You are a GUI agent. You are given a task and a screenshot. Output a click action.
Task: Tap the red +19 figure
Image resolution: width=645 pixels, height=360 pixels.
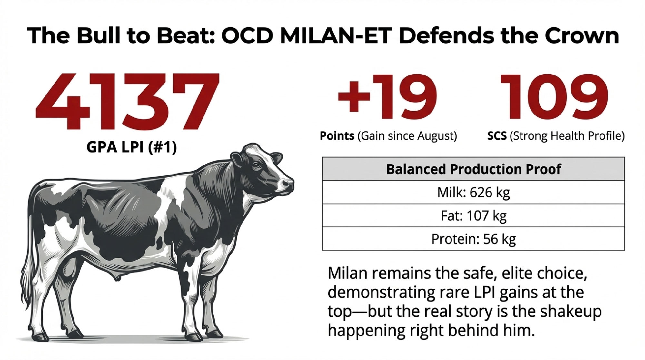(387, 97)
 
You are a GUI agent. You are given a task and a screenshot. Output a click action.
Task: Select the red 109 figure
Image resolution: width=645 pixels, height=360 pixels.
(554, 97)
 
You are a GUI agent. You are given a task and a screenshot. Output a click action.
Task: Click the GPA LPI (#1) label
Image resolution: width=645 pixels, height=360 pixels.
(132, 147)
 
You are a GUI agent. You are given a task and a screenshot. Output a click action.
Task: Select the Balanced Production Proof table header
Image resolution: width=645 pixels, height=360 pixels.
(473, 169)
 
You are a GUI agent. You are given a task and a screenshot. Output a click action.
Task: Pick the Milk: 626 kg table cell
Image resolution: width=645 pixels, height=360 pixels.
(473, 192)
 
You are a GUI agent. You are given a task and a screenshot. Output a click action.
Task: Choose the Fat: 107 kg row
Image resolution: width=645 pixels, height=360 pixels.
(473, 215)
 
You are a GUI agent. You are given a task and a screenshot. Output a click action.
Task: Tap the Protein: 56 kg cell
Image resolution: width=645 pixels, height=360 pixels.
(473, 239)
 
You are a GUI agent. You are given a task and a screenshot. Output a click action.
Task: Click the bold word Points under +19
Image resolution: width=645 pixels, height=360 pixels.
(337, 136)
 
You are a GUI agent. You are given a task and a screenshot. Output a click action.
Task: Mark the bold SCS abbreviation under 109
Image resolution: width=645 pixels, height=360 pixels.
(497, 136)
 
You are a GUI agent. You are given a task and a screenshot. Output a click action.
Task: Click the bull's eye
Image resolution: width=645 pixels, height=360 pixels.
(256, 166)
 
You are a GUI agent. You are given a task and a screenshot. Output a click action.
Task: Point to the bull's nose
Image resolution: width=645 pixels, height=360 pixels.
(287, 184)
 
